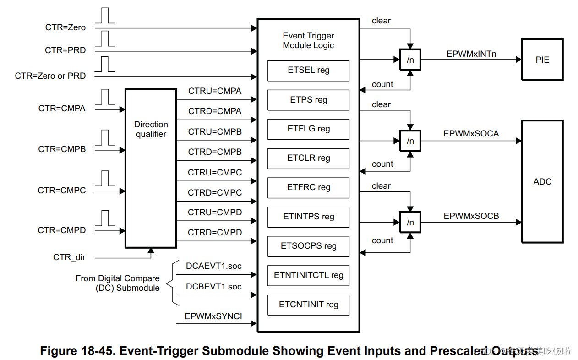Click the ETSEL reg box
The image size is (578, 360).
(308, 71)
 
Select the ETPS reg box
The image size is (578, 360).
(308, 100)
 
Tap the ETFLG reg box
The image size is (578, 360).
(308, 129)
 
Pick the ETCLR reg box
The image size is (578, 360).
(308, 158)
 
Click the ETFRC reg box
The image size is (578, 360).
(308, 188)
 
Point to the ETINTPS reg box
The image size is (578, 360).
(308, 217)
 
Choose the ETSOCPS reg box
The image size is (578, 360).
(308, 246)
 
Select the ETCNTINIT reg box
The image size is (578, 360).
(308, 305)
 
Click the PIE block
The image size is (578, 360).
(542, 60)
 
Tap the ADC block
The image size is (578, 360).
(542, 181)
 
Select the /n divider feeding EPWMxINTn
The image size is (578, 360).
(410, 60)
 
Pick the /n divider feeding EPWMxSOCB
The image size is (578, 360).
(410, 223)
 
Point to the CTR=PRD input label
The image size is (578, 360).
(65, 50)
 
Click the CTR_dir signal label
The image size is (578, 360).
(69, 257)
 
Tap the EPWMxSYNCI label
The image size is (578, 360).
(213, 316)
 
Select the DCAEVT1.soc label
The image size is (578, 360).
(213, 266)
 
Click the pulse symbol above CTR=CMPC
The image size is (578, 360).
(107, 178)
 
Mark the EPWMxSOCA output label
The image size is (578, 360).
(471, 134)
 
